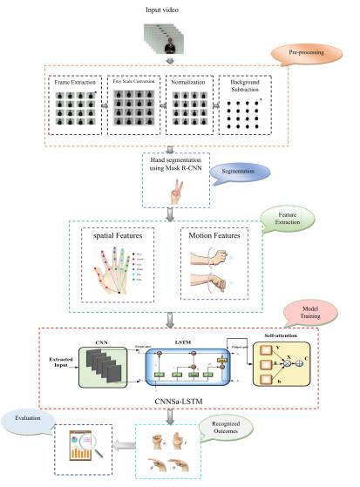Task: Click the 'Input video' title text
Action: [x=179, y=8]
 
